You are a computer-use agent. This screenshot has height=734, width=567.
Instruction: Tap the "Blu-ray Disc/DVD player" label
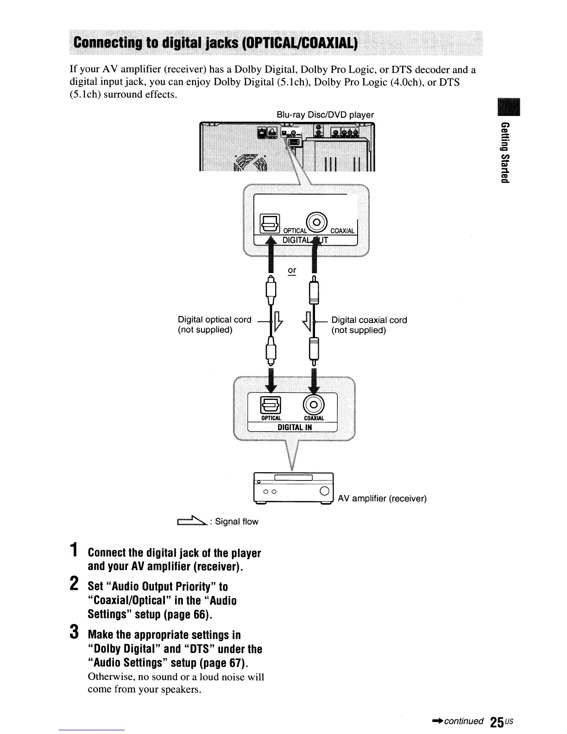tap(325, 114)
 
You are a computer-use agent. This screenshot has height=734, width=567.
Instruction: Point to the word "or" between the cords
tap(292, 270)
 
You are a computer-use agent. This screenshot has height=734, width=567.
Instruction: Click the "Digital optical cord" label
tap(214, 320)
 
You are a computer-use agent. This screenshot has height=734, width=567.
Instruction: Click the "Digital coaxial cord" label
tap(369, 320)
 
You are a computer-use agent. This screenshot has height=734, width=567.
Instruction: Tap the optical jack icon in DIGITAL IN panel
tap(270, 405)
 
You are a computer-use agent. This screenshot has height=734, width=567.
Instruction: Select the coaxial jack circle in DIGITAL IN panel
tap(314, 405)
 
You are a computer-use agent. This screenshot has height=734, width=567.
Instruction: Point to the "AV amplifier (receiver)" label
tap(382, 499)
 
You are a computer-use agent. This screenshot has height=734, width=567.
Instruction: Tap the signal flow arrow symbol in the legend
tap(191, 521)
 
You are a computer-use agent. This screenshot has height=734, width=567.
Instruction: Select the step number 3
tap(74, 633)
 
